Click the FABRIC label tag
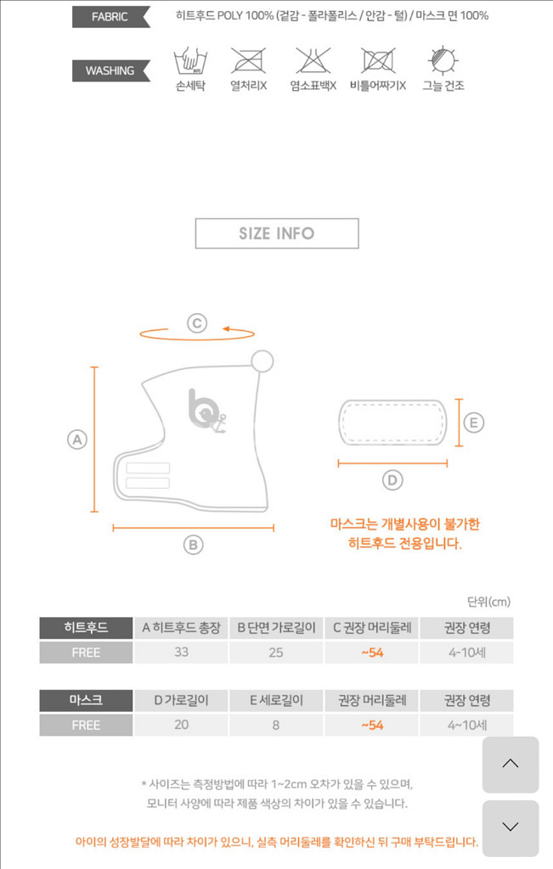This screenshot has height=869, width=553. point(110,16)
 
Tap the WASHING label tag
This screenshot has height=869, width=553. point(110,71)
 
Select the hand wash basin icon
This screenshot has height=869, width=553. point(190,61)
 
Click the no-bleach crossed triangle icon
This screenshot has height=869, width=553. point(313,61)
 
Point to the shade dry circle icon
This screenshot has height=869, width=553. point(443,61)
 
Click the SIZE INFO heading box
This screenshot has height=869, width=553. point(277,233)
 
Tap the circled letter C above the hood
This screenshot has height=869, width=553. point(196,322)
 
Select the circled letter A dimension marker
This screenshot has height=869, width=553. point(77,440)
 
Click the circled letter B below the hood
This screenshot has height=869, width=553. point(194,545)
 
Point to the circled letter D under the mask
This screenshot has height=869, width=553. point(392,480)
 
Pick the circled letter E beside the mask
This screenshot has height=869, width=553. point(474,423)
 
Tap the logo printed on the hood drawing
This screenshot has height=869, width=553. point(205,410)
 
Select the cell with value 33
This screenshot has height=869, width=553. point(181,653)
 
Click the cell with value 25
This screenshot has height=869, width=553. point(276,653)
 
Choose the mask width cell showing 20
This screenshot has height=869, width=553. point(181,726)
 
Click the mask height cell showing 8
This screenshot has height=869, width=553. point(276,726)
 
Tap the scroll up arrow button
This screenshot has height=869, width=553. point(511,764)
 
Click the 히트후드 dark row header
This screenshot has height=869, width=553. point(86,628)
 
